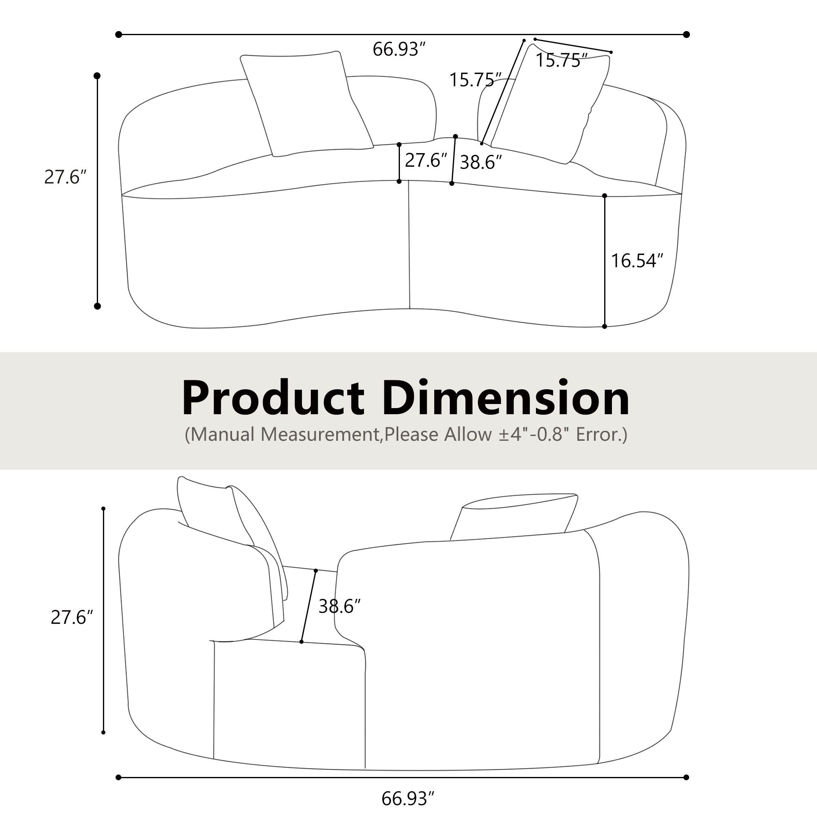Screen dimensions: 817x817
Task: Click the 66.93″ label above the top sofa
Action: [398, 49]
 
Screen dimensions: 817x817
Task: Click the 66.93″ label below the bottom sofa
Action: [408, 799]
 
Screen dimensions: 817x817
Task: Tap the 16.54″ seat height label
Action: [637, 261]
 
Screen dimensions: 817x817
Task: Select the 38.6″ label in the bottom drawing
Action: [339, 606]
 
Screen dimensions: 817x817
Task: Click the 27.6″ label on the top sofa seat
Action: [426, 161]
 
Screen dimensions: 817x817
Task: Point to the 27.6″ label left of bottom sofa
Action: [71, 618]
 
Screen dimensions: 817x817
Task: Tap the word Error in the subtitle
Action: [596, 434]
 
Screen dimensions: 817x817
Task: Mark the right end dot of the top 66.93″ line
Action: [686, 35]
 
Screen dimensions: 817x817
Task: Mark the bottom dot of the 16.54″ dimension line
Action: [604, 326]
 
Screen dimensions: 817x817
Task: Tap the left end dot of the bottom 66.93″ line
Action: [118, 777]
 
